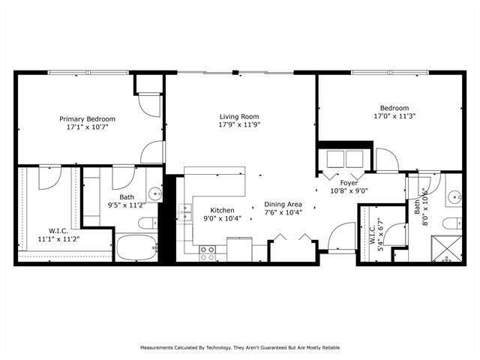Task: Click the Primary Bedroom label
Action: pos(88,118)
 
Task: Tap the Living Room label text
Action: pos(238,116)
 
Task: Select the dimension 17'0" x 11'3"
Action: pos(394,116)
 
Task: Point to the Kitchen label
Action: pos(222,210)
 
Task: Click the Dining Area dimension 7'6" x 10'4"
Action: pos(283,213)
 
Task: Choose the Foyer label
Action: pos(349,182)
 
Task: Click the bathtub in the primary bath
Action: pos(135,248)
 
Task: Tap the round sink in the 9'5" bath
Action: pos(155,193)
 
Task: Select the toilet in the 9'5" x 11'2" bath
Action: pos(148,223)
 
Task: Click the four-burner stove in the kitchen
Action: pos(208,253)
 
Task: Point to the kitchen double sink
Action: pos(184,209)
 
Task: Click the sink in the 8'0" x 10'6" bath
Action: pos(455,198)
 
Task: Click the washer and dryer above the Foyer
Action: pos(343,159)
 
